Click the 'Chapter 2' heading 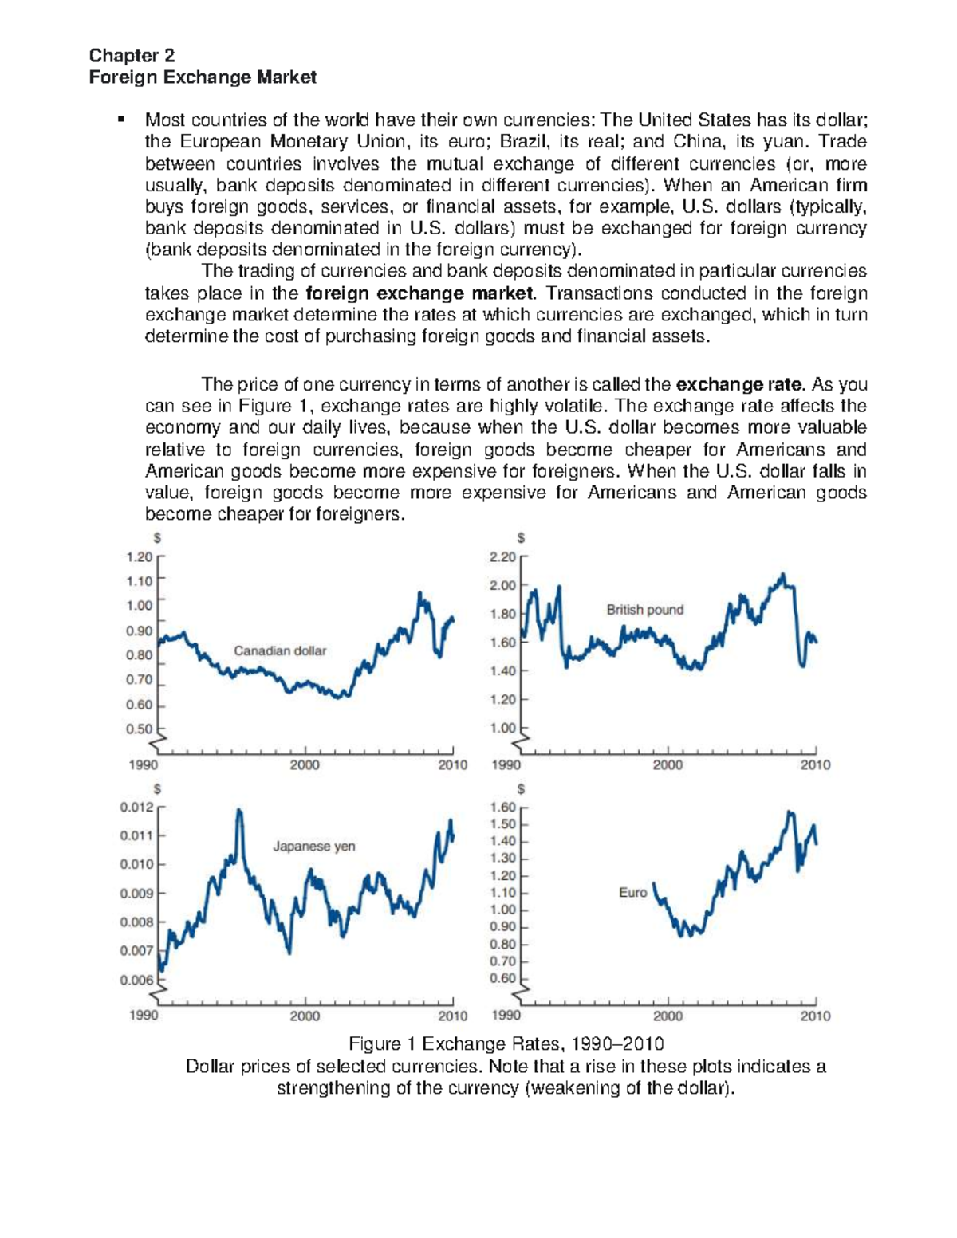(132, 55)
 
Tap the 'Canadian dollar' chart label (280, 650)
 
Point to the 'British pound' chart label (644, 610)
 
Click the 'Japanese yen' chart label (314, 846)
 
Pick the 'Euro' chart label (632, 893)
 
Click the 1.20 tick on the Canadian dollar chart (139, 557)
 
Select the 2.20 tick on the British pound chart (502, 557)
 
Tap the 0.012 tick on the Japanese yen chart (136, 807)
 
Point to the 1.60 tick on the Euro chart (502, 807)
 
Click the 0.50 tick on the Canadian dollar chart (139, 729)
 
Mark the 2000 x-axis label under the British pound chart (668, 765)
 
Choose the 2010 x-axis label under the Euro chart (815, 1016)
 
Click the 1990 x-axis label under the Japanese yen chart (144, 1016)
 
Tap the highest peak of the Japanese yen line (238, 811)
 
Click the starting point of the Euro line (654, 883)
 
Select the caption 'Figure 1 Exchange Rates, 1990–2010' (506, 1044)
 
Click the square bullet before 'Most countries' (121, 120)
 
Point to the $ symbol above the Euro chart (521, 788)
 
